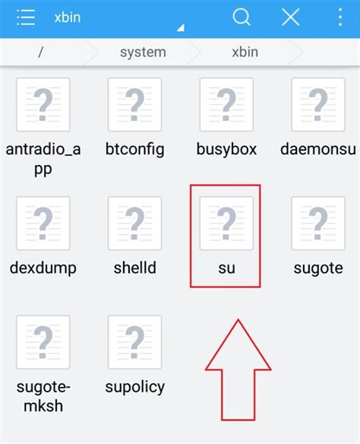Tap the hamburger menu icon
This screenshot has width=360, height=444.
tap(26, 17)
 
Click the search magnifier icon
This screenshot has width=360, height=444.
tap(242, 17)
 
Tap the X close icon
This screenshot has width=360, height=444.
tap(291, 17)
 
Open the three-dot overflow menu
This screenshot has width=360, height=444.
tap(340, 17)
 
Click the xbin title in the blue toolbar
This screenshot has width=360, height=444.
tap(68, 17)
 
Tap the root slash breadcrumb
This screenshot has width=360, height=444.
tap(41, 52)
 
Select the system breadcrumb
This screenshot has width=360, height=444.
tap(143, 52)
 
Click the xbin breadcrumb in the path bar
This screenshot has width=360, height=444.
tap(245, 52)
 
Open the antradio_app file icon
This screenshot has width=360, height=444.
tap(43, 104)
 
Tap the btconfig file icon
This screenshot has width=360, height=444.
tap(134, 104)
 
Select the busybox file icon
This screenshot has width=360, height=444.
tap(226, 104)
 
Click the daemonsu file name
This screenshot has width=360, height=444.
tap(318, 149)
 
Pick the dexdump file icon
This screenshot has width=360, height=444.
tap(43, 223)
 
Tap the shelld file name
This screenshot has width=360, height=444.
tap(135, 268)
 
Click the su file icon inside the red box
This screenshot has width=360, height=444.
tap(226, 223)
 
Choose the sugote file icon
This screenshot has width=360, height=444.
tap(318, 223)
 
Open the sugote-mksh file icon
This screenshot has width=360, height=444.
tap(43, 342)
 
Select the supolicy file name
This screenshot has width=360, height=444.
tap(135, 387)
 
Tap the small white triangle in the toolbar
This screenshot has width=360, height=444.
tap(182, 27)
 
